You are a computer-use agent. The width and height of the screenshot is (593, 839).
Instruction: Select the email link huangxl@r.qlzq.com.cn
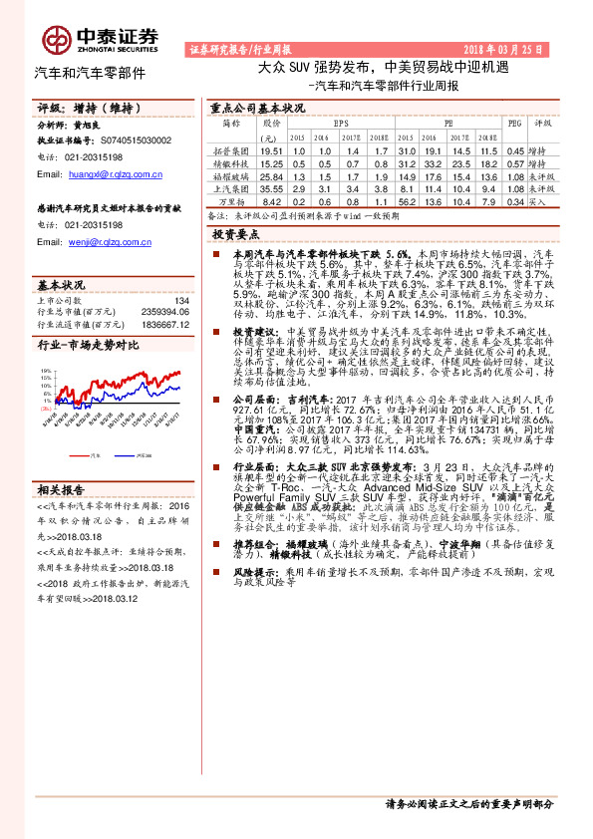click(113, 173)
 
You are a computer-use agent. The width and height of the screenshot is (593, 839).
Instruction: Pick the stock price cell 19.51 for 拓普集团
click(272, 149)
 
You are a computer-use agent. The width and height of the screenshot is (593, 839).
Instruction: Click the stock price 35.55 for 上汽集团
click(272, 187)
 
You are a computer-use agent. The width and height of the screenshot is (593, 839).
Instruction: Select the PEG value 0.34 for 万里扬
click(514, 200)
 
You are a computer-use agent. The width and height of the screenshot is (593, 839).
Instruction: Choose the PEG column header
click(514, 124)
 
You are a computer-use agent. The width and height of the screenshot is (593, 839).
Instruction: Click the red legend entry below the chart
click(91, 451)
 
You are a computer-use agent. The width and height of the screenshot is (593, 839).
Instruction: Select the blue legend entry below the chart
click(136, 451)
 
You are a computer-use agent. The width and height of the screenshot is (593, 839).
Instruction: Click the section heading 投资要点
click(233, 233)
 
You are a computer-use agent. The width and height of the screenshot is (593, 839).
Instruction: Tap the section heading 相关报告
click(61, 489)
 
